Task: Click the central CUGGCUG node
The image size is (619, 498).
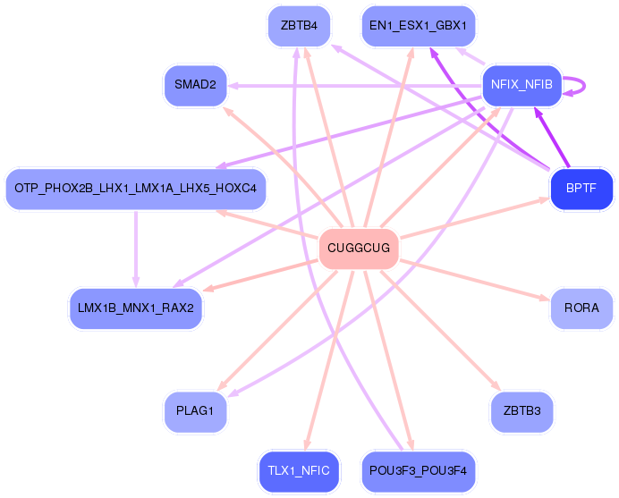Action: (x=359, y=248)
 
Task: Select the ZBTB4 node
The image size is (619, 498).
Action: (x=299, y=25)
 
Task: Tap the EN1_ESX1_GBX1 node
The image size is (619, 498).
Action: (x=418, y=25)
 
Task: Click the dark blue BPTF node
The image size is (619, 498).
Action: (x=581, y=189)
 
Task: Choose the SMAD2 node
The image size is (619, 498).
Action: (x=195, y=86)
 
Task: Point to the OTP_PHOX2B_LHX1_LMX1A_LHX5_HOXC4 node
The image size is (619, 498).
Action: (x=136, y=189)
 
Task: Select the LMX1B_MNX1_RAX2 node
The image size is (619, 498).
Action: (x=136, y=308)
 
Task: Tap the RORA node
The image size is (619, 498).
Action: (x=581, y=308)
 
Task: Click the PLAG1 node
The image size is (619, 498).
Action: (x=195, y=411)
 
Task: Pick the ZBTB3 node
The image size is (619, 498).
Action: (x=521, y=411)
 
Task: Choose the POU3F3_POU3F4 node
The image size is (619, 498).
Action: (x=418, y=469)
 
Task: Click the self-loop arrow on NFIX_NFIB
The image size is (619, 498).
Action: (x=580, y=86)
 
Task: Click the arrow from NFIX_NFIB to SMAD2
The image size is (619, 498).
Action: (x=358, y=86)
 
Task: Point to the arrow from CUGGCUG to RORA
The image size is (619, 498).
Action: (x=474, y=278)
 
